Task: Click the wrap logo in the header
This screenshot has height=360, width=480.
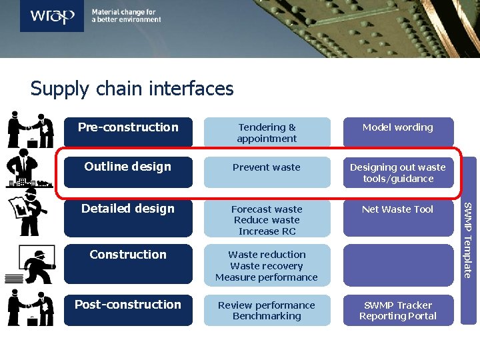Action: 52,16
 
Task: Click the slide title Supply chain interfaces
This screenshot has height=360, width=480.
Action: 132,89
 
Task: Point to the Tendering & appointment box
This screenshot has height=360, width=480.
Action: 267,133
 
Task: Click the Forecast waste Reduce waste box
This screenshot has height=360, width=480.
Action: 267,220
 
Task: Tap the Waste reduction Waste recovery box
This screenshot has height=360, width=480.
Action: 267,265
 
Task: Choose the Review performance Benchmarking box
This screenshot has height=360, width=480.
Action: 267,311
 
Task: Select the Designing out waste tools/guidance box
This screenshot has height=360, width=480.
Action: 398,173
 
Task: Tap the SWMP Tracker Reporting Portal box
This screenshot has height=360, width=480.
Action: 398,311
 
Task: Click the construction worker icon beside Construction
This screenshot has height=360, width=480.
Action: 37,264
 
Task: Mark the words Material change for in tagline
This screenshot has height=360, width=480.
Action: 123,12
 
